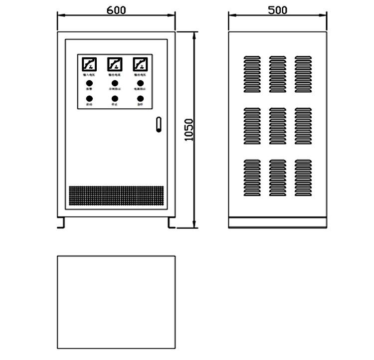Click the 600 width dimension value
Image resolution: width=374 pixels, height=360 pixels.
pos(116,9)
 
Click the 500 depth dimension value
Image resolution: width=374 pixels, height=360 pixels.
pos(277,9)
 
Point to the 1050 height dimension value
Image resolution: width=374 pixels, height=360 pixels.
pos(188,130)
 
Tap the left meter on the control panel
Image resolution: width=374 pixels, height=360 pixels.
pos(89,64)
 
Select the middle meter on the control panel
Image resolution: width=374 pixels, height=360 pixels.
pos(115,64)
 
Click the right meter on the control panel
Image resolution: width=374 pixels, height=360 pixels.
pos(140,64)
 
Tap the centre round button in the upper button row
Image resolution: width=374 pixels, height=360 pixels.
pos(115,83)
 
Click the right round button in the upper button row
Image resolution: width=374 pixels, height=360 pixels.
pos(140,83)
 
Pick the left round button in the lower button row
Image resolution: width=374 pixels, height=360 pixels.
pos(89,99)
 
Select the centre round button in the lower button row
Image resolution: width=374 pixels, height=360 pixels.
pos(115,99)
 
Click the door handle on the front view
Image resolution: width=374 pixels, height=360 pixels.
pos(159,125)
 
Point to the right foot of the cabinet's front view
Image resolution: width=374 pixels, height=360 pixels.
pos(172,223)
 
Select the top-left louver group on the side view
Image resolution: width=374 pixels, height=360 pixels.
pos(252,74)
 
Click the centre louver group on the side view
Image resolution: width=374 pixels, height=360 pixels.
pos(277,126)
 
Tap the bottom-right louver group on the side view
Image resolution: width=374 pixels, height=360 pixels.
pos(303,177)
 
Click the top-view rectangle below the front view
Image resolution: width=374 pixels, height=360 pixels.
pos(116,302)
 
